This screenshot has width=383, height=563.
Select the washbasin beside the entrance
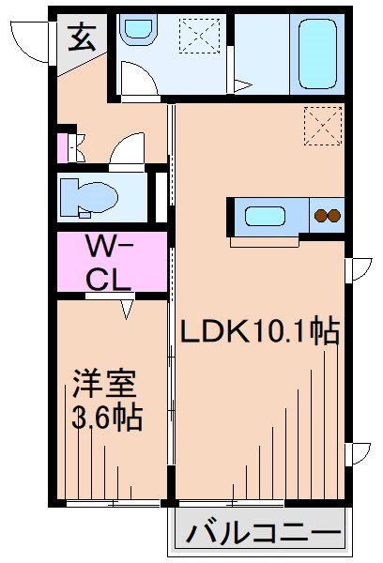[x=137, y=30]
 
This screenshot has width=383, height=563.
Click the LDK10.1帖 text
[x=259, y=331]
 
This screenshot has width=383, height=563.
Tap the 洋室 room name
[x=105, y=385]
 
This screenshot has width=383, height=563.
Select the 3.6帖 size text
[x=107, y=418]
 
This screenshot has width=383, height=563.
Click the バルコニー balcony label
[x=262, y=537]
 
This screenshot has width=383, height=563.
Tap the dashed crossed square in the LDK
[x=320, y=127]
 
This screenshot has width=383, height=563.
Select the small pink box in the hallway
[x=64, y=148]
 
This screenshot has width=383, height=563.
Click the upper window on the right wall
[x=358, y=270]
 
